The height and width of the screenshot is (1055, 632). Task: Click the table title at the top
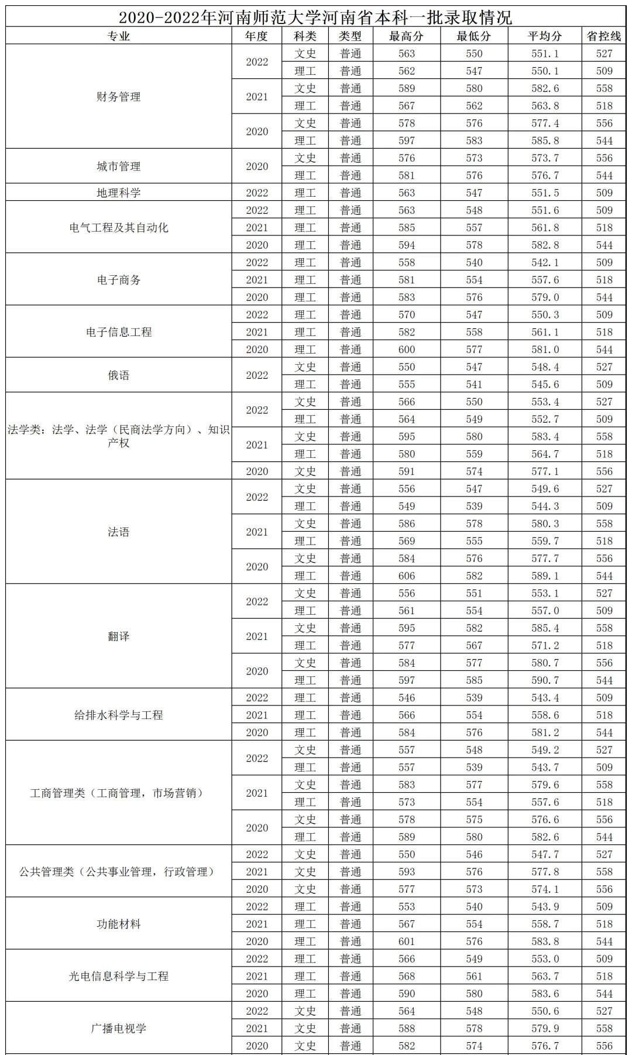315,17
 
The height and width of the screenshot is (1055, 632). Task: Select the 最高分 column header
406,36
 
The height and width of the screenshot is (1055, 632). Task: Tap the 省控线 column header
604,36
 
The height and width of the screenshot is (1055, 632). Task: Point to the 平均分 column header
545,36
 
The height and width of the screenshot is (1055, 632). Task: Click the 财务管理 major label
118,97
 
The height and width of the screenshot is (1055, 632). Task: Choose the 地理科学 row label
118,193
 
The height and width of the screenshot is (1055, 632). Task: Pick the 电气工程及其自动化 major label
118,228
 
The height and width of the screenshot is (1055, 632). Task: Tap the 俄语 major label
118,375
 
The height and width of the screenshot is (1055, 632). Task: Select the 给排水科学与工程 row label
118,715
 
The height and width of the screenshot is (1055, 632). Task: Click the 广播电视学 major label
118,1028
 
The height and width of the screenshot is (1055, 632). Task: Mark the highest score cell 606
406,576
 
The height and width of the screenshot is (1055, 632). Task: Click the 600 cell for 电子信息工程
406,350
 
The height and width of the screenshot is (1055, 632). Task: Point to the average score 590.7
545,680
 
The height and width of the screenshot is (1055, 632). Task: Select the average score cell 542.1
545,262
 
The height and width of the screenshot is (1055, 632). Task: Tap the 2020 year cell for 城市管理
257,166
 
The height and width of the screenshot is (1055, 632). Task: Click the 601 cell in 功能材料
406,941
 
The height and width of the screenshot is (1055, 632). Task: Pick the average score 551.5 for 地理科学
545,193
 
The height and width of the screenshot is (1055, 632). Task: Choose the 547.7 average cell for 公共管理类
545,854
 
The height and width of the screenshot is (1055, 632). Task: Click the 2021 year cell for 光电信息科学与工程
257,976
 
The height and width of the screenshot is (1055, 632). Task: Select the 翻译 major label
118,636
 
